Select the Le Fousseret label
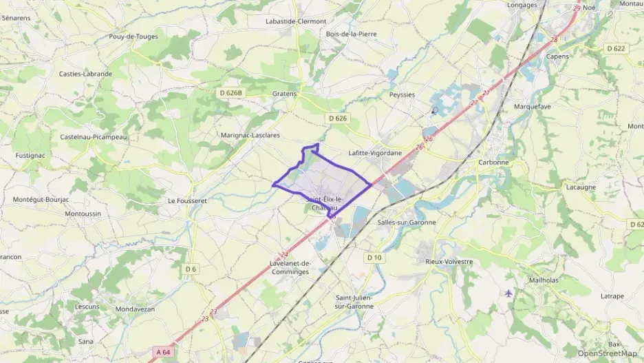pos(187,201)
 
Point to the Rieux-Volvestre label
pos(449,261)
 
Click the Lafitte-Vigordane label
pos(375,153)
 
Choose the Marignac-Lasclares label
pos(250,135)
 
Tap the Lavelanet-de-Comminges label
pos(290,267)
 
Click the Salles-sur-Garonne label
pos(407,222)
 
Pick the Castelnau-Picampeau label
pos(94,136)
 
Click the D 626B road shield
pos(231,92)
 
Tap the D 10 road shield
pos(374,258)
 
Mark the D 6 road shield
pos(191,269)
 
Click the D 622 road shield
pos(616,48)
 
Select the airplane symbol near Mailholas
pos(508,293)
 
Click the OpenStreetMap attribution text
pos(607,353)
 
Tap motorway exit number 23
pos(204,318)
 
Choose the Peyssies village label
pos(402,94)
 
